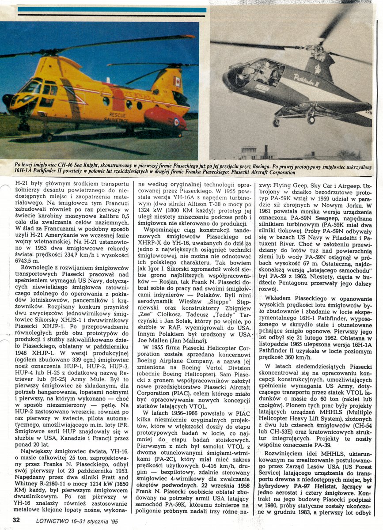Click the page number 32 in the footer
coord(16,520)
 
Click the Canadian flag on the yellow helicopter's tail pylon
coord(178,81)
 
